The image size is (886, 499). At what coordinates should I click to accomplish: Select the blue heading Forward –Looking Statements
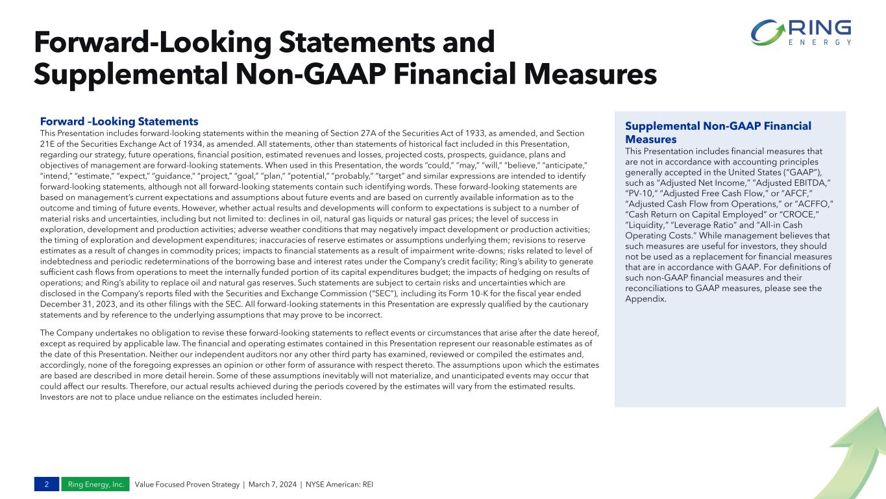pyautogui.click(x=119, y=122)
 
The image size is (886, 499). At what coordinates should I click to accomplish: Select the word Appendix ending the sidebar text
pyautogui.click(x=645, y=299)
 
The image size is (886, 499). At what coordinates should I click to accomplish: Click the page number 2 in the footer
pyautogui.click(x=47, y=485)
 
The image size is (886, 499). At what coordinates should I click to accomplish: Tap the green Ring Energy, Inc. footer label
pyautogui.click(x=95, y=485)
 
